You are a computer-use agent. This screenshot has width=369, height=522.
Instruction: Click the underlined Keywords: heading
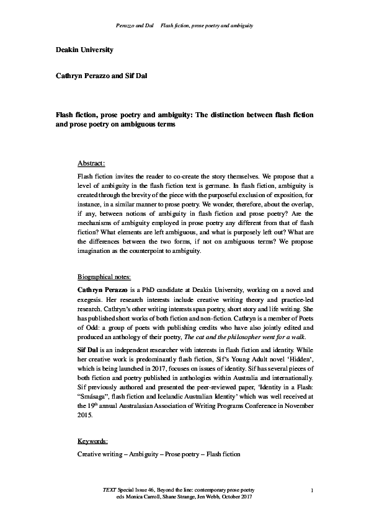[x=92, y=441]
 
